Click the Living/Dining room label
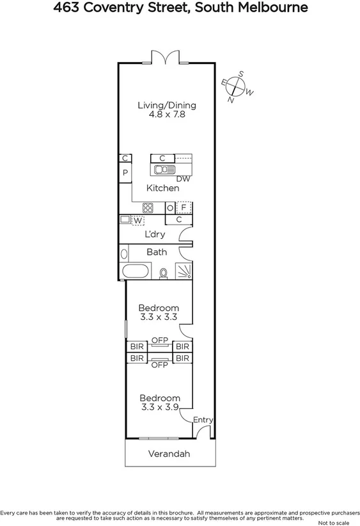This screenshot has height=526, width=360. click(x=167, y=106)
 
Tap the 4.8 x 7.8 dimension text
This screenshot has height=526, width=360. click(x=167, y=116)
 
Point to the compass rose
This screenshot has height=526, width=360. click(x=237, y=87)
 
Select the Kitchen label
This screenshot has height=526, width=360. click(x=162, y=188)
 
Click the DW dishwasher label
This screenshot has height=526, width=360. click(x=184, y=179)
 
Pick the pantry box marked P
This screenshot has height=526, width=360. click(x=125, y=173)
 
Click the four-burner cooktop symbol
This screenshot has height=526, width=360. click(x=148, y=207)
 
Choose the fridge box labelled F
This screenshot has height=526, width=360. click(x=184, y=207)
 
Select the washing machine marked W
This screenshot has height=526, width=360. click(x=137, y=220)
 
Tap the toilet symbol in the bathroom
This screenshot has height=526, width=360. click(x=164, y=273)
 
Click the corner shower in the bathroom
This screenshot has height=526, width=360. click(x=184, y=272)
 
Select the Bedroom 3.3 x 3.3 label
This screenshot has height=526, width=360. click(x=159, y=312)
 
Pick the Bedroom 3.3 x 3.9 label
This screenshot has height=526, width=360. click(x=159, y=402)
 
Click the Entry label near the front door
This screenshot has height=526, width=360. click(x=203, y=420)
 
